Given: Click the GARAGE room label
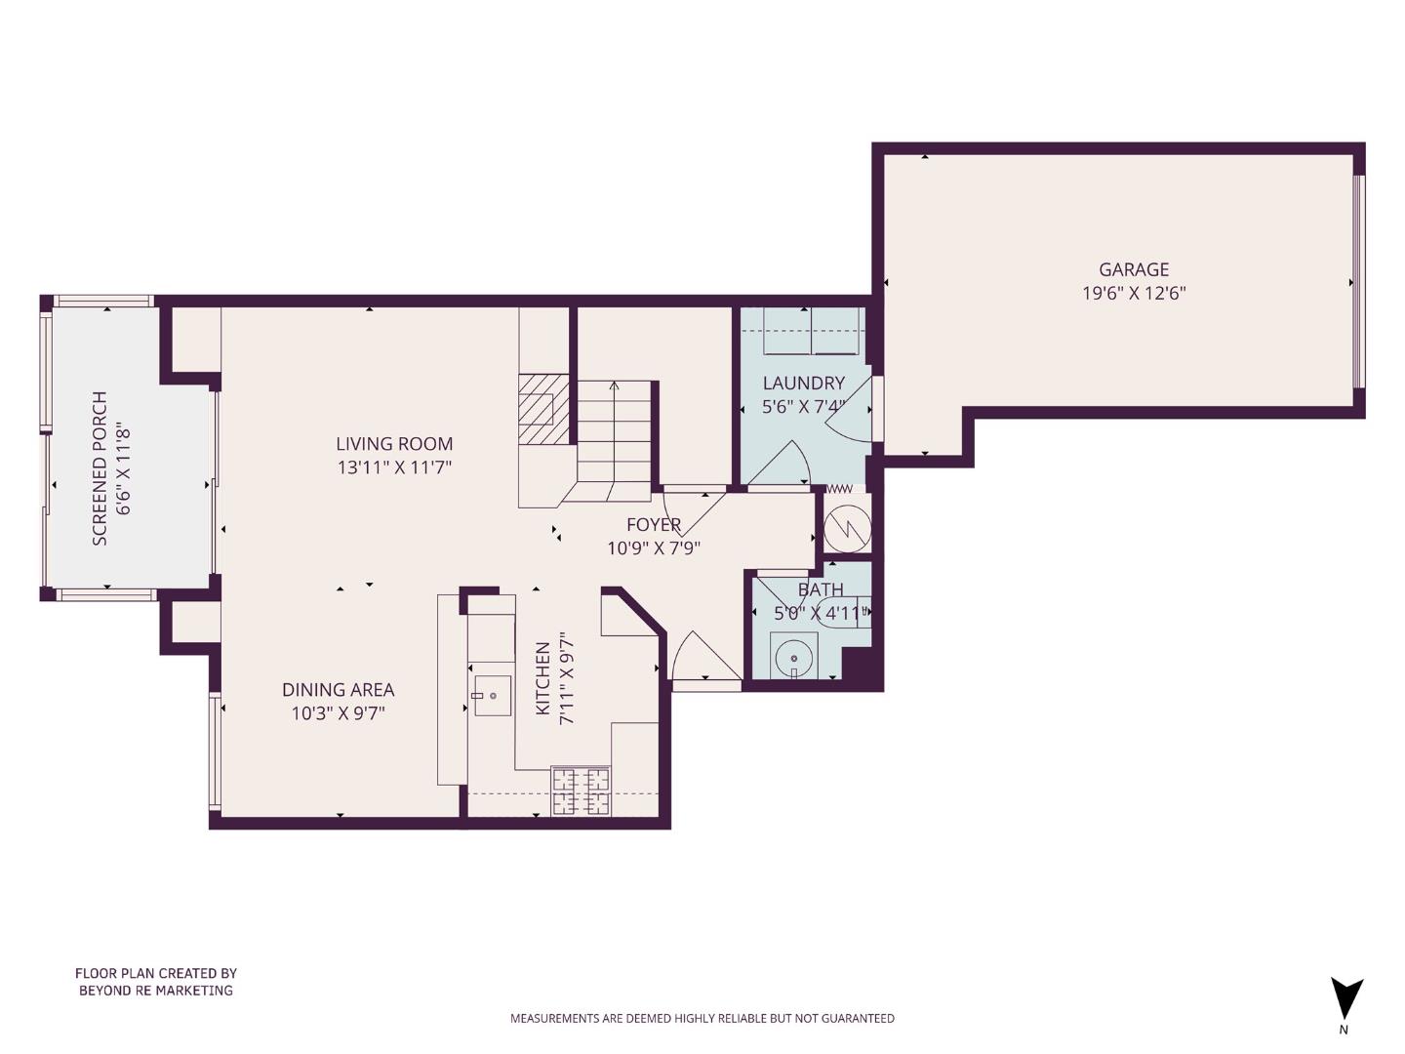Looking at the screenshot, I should [x=1133, y=269].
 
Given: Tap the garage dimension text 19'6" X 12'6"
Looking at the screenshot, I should [x=1133, y=293].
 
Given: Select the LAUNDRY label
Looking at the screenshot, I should [x=803, y=384].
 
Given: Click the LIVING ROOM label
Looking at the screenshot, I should [x=394, y=444].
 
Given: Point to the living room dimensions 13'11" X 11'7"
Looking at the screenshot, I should [x=394, y=467].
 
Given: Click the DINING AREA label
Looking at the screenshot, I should [x=338, y=690].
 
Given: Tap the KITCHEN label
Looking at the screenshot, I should [x=543, y=678].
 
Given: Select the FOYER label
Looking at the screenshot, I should [x=653, y=525].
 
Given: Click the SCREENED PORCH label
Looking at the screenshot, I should [x=100, y=468].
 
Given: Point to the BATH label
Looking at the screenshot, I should [x=821, y=589].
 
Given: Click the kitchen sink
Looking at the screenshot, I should [x=493, y=696].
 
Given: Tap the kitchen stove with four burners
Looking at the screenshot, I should [x=581, y=790].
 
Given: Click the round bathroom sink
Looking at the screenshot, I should [x=794, y=656].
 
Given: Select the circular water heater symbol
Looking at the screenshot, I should [x=846, y=529].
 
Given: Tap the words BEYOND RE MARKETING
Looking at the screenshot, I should [x=156, y=991].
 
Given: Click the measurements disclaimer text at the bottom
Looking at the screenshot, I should [x=702, y=1018].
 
